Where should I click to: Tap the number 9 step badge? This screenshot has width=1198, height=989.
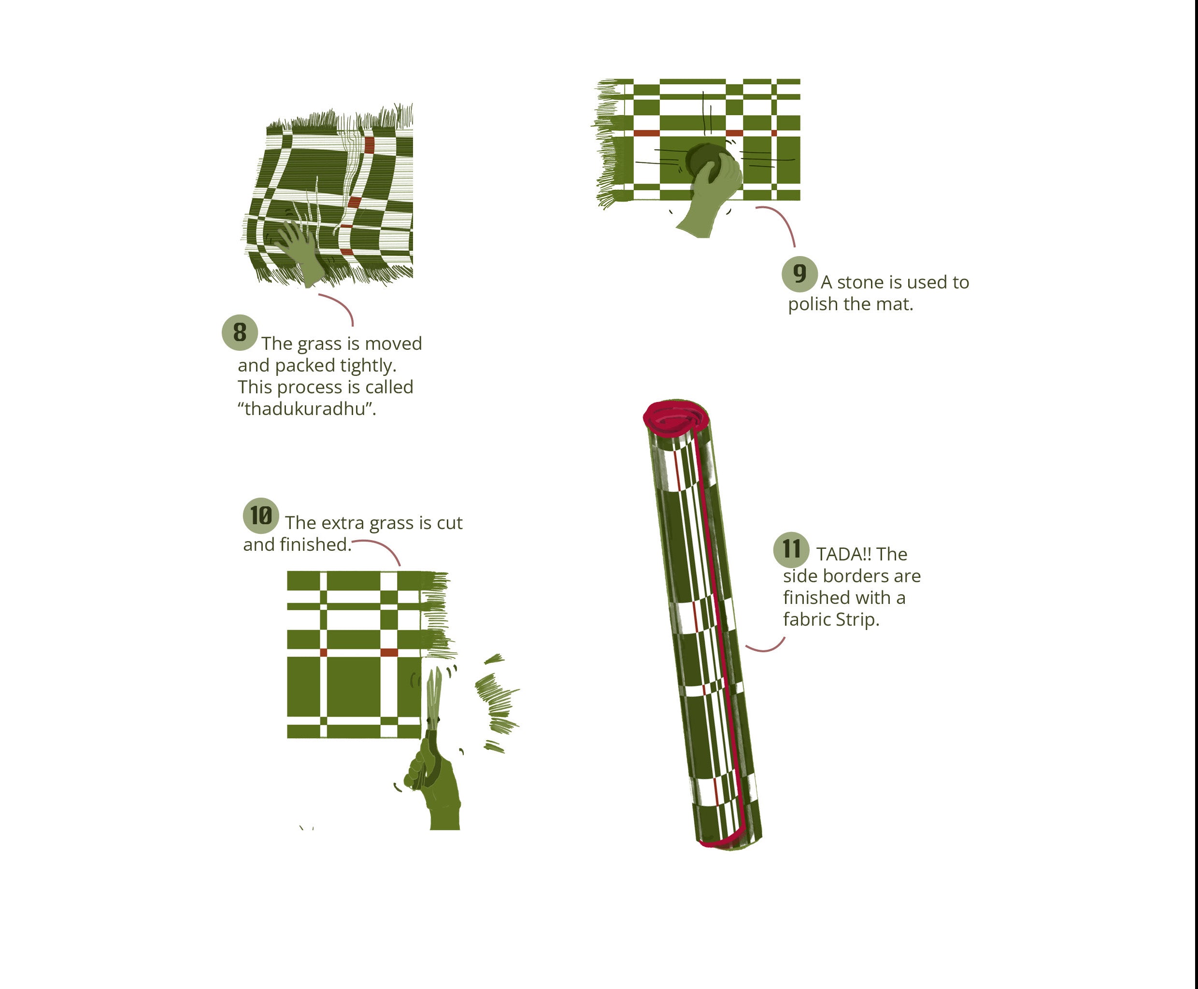(800, 274)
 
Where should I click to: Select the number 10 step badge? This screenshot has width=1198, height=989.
(261, 516)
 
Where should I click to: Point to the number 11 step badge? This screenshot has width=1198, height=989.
(791, 550)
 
